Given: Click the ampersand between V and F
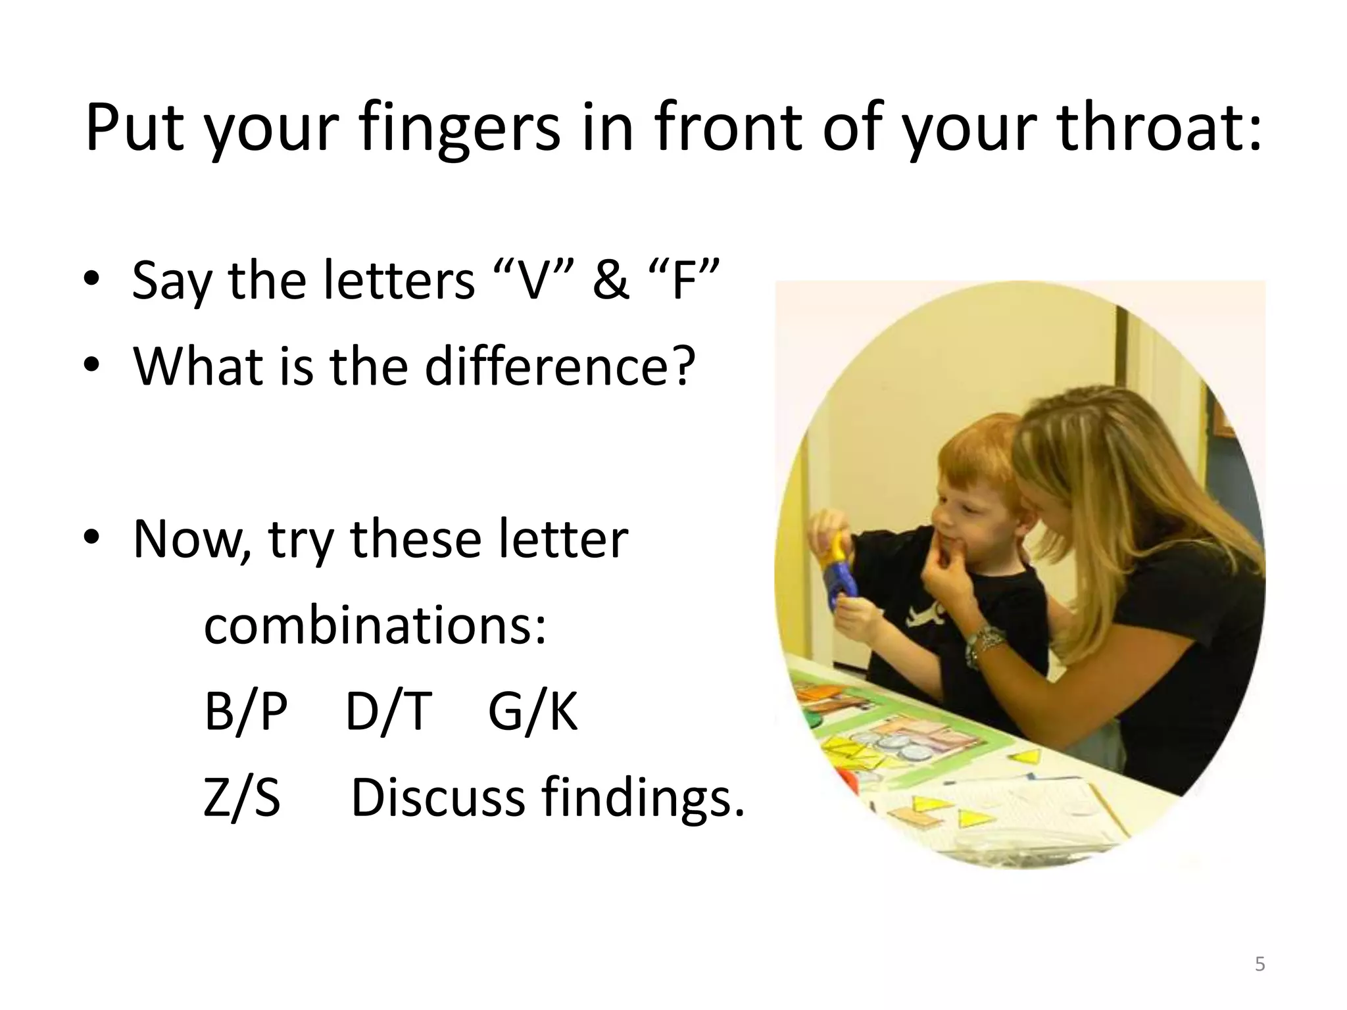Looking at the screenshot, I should point(610,281).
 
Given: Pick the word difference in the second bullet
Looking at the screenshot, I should point(559,366).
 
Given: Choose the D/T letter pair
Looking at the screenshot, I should point(389,711).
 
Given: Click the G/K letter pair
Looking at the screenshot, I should point(533,711).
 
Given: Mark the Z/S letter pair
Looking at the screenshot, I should point(242,798).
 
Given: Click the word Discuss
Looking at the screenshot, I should point(438,798).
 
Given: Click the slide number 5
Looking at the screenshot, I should point(1260,964).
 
